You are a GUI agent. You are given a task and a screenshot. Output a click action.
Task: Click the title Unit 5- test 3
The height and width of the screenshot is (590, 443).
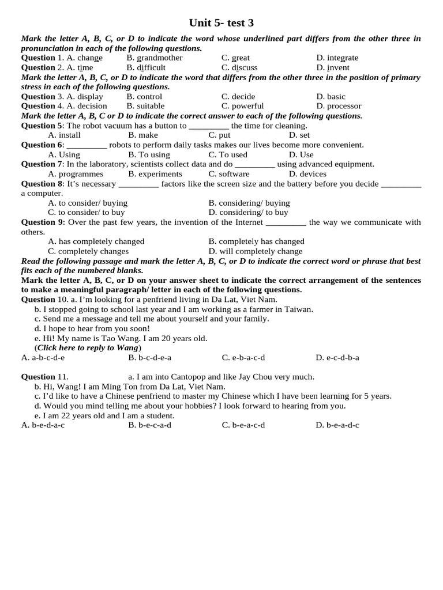point(221,23)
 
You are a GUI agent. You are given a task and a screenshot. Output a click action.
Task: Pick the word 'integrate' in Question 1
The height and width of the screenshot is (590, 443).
point(343,58)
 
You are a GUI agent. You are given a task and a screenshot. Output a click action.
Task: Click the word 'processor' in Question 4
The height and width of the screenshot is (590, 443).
point(344,106)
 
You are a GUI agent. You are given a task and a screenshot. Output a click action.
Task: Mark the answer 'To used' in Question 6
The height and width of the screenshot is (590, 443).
point(233,154)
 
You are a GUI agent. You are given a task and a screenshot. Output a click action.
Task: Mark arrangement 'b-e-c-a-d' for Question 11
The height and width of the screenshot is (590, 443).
point(155,425)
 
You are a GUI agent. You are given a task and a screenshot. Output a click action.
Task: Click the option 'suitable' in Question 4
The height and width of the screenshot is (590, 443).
point(151,106)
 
